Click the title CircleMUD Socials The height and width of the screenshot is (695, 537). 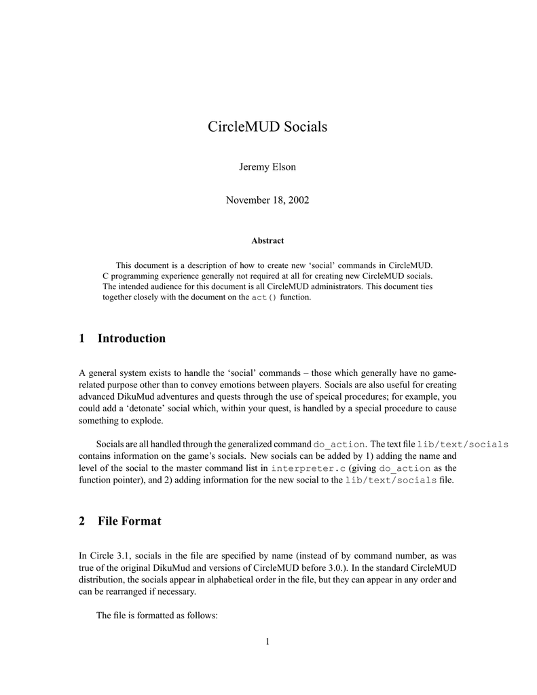click(x=267, y=127)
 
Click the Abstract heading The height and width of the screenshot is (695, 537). click(x=267, y=240)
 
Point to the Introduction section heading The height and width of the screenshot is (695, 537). click(x=131, y=338)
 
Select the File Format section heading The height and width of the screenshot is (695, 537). click(x=129, y=521)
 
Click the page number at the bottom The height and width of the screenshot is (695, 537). click(x=267, y=641)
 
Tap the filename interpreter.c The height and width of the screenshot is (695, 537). click(x=308, y=468)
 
